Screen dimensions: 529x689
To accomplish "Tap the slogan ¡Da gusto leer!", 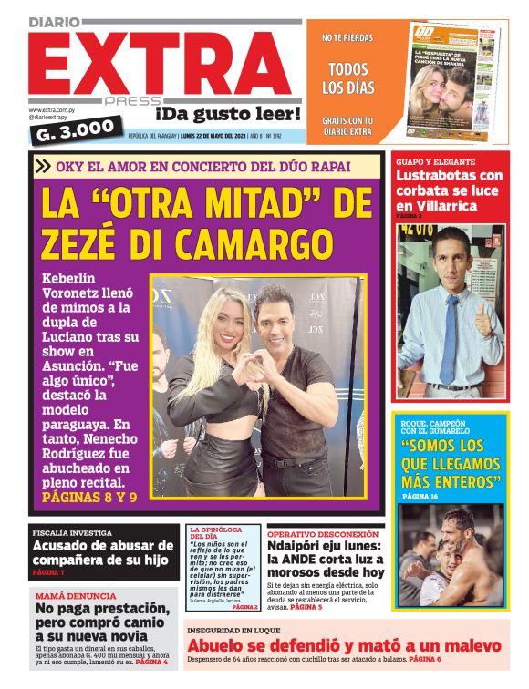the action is (227, 114).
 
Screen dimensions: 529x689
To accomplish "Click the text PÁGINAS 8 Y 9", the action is (89, 499).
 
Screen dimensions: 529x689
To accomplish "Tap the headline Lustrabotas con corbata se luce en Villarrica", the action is (449, 190).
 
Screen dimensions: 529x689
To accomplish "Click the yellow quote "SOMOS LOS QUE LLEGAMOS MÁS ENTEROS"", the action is (451, 463).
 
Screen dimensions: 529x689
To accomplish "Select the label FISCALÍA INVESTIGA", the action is (72, 532).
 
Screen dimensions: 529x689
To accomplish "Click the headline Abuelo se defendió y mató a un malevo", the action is (343, 646).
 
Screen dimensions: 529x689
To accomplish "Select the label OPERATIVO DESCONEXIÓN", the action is (323, 534).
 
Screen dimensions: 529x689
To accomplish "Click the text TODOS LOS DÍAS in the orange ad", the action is (347, 78).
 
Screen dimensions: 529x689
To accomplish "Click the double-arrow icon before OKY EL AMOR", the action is (42, 166).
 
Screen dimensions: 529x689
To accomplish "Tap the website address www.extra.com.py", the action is (51, 109).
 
